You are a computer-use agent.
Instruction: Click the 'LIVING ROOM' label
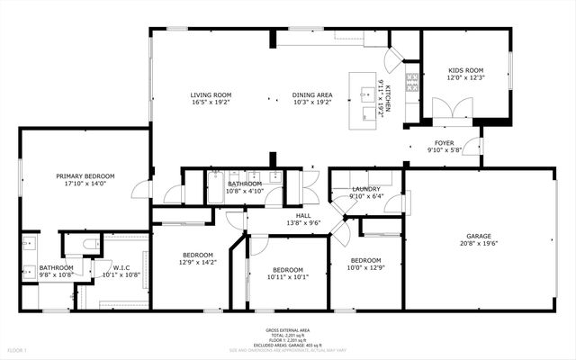pos(211,94)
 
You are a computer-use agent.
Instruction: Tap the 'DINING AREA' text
pos(311,94)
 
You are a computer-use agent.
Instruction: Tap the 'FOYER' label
pos(445,142)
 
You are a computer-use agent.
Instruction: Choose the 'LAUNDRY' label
pos(366,189)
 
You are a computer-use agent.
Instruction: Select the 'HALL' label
pos(304,216)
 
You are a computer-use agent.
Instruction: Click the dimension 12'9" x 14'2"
pos(198,262)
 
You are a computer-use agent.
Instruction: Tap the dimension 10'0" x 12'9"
pos(366,267)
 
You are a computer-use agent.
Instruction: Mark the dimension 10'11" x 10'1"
pos(288,278)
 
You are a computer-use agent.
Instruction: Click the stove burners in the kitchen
pos(413,84)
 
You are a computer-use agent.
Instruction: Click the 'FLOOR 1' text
pos(17,349)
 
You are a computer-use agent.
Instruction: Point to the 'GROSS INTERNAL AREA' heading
pos(288,330)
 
